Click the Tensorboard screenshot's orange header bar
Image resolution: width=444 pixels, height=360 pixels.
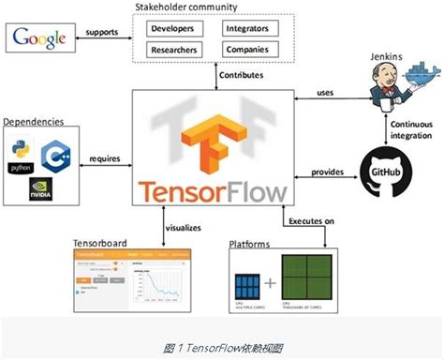click(x=133, y=253)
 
